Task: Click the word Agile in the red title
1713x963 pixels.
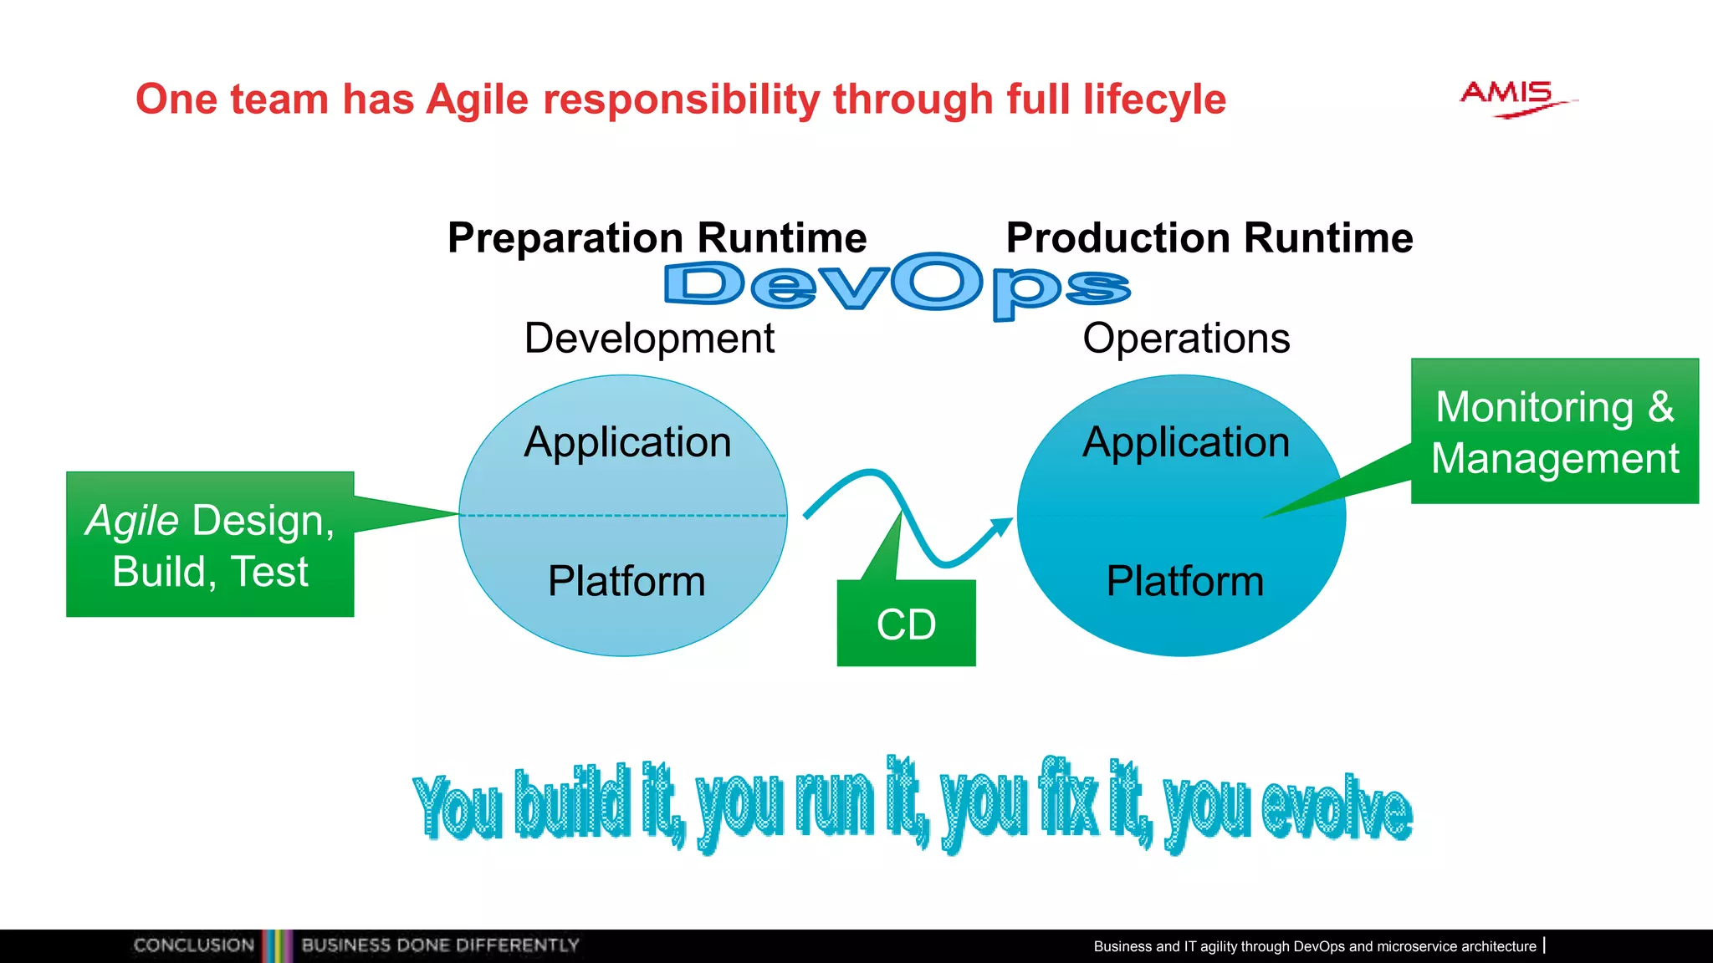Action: point(478,99)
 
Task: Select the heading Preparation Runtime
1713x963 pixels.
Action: point(657,237)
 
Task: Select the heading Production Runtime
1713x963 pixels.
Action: point(1209,237)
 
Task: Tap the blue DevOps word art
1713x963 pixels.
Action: point(896,286)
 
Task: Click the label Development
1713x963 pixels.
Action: point(649,339)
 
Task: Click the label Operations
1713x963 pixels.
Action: point(1185,339)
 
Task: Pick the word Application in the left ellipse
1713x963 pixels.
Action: point(627,442)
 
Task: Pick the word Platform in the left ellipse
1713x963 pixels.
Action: point(626,581)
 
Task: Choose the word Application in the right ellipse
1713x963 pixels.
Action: point(1185,442)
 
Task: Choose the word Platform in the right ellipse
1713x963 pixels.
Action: point(1184,581)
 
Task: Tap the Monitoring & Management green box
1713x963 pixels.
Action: point(1554,432)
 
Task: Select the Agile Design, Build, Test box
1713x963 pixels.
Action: point(210,545)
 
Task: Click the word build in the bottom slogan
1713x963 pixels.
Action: point(572,802)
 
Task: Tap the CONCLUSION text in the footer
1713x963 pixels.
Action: point(193,945)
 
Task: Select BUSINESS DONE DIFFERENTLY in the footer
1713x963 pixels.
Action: point(440,945)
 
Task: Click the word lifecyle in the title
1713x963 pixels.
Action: point(1154,99)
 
